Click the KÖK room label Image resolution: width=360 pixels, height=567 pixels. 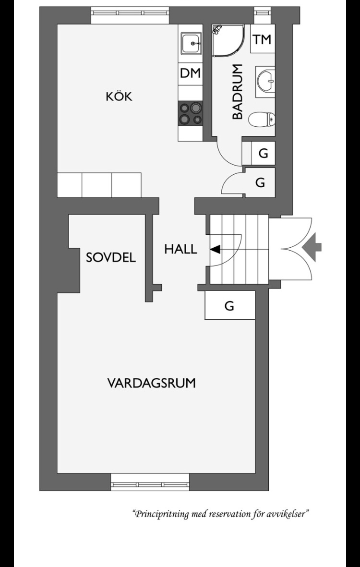click(119, 96)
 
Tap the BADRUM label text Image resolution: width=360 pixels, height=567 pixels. click(238, 92)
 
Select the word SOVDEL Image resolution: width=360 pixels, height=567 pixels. click(111, 257)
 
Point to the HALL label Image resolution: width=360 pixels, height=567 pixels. click(181, 249)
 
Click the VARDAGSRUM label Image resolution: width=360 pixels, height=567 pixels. click(152, 383)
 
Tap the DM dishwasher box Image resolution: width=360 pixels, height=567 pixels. click(190, 74)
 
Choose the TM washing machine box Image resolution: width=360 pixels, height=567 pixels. click(263, 39)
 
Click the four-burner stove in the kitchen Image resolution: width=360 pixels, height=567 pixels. click(190, 114)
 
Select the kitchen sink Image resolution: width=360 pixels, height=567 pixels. click(192, 44)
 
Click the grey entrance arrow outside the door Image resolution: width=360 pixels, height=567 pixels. click(312, 247)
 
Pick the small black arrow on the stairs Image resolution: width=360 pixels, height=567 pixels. click(215, 249)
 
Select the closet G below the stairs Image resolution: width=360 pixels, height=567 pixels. click(230, 305)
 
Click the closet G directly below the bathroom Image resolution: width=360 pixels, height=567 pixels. click(263, 153)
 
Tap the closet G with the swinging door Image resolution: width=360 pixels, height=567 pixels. click(260, 182)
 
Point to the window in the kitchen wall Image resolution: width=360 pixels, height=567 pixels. click(130, 12)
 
